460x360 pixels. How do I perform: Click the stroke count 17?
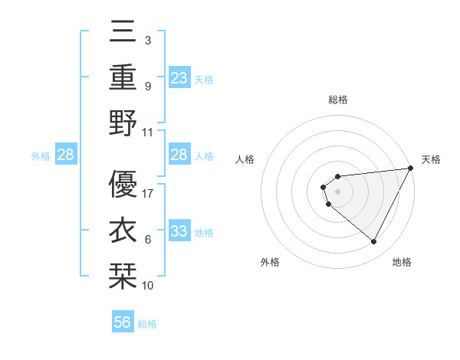coord(148,194)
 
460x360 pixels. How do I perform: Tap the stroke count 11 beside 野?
coord(148,132)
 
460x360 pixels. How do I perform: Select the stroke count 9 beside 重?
coord(147,86)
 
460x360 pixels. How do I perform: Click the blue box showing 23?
coord(179,78)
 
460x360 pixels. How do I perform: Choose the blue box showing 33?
coord(179,232)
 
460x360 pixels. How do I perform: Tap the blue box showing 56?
coord(123,322)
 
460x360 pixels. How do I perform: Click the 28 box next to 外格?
coord(66,155)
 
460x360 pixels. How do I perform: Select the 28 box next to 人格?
coord(179,155)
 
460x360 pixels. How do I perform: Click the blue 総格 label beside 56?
coord(147,324)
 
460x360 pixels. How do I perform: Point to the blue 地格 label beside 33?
coord(204,233)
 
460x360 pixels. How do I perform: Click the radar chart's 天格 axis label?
coord(431,159)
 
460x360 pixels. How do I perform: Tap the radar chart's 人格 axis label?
coord(245,159)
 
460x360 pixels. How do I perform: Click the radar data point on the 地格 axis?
coord(373,242)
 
